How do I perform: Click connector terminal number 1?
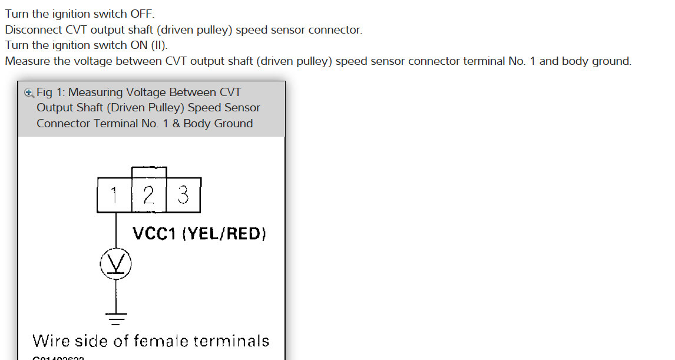(x=114, y=195)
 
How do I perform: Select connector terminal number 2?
(x=149, y=195)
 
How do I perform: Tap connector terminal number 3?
(x=183, y=195)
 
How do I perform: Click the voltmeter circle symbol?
(x=115, y=264)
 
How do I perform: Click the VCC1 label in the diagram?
(x=155, y=234)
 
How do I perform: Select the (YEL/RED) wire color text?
(x=224, y=234)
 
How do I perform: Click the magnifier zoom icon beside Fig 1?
(x=29, y=93)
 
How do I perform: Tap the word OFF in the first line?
(x=141, y=14)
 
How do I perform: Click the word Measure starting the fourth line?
(x=27, y=61)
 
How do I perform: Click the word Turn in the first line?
(x=17, y=14)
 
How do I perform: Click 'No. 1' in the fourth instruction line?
(x=522, y=61)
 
